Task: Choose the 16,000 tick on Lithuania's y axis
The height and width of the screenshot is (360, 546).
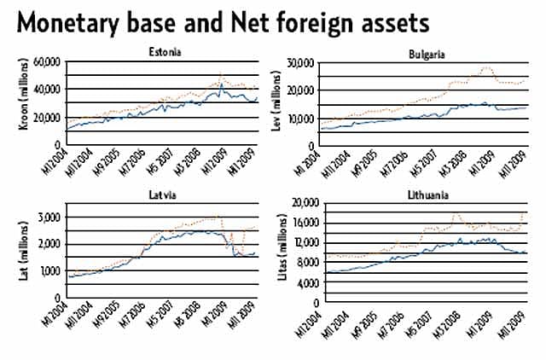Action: point(305,224)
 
